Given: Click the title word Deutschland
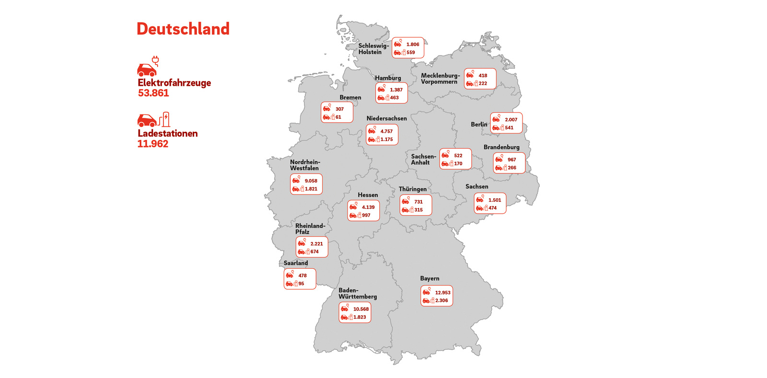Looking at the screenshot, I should (183, 29).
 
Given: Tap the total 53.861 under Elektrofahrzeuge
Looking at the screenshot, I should (153, 93).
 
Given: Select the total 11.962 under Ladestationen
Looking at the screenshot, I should (153, 144).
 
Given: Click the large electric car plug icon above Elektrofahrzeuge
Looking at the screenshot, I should (148, 67).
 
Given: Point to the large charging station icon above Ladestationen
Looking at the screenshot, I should (154, 119).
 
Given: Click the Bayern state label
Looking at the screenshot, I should (430, 278).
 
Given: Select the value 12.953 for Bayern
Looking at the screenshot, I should (442, 293).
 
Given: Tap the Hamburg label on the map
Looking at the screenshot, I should (388, 78).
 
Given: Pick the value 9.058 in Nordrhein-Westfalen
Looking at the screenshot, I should (311, 181).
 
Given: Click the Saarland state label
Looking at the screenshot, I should (296, 263).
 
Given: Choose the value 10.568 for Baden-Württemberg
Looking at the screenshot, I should (361, 309).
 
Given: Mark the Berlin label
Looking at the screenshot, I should (479, 125).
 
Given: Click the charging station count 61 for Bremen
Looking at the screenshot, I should (338, 117).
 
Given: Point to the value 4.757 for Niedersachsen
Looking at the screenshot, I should (386, 131).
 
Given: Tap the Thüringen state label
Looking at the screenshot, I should (413, 189).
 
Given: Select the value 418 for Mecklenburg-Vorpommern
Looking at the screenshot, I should (483, 76).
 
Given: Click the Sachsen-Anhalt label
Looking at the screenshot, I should (423, 160).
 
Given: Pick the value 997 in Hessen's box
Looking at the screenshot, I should (366, 216).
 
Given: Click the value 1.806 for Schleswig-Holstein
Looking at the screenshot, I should (413, 45).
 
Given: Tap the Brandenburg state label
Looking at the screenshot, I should (501, 147).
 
